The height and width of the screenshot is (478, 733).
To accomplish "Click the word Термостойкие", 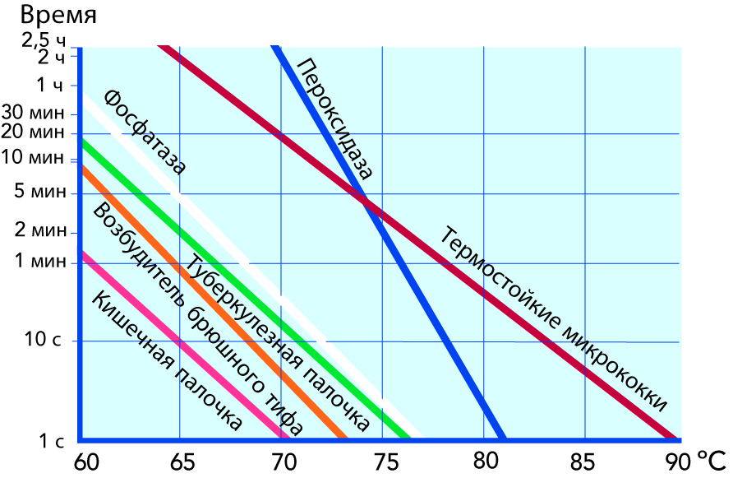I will point(494,275).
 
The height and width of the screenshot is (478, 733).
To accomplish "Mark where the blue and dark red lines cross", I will point(366,202).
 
